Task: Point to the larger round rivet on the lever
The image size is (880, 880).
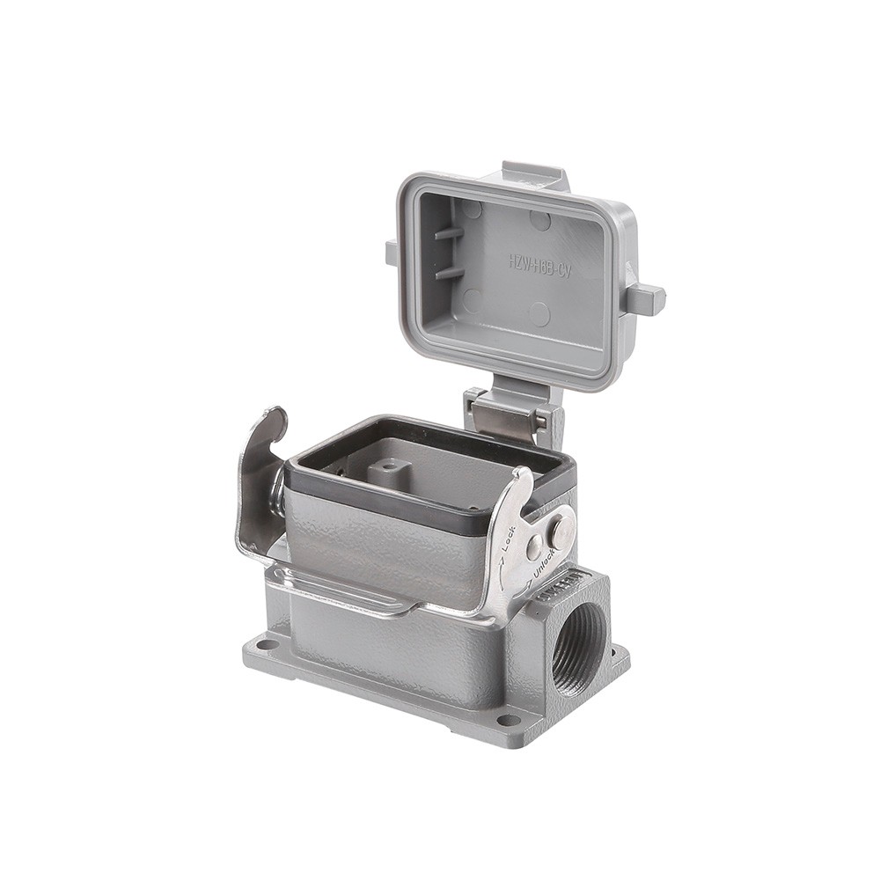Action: point(558,530)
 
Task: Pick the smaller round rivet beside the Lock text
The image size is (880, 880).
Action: point(533,547)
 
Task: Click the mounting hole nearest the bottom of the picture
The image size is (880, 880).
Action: point(509,720)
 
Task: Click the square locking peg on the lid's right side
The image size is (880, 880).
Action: point(646,298)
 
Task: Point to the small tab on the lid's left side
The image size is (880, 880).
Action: point(391,252)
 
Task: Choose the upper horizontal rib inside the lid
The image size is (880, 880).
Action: point(448,234)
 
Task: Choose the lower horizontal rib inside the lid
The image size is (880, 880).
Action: point(449,273)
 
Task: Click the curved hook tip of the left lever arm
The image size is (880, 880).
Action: point(275,420)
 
